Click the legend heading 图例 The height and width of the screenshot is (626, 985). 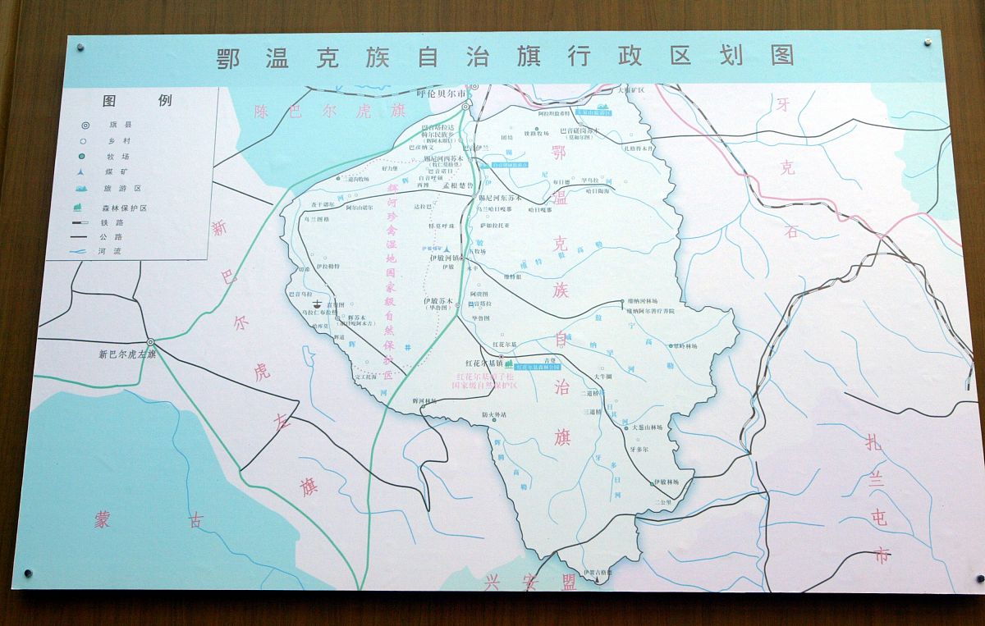click(137, 101)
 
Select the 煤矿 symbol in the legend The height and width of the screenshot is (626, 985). click(85, 171)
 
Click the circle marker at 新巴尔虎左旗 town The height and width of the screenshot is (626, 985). click(150, 341)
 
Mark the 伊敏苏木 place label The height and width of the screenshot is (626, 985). click(437, 302)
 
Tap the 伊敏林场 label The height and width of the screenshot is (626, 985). click(666, 483)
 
